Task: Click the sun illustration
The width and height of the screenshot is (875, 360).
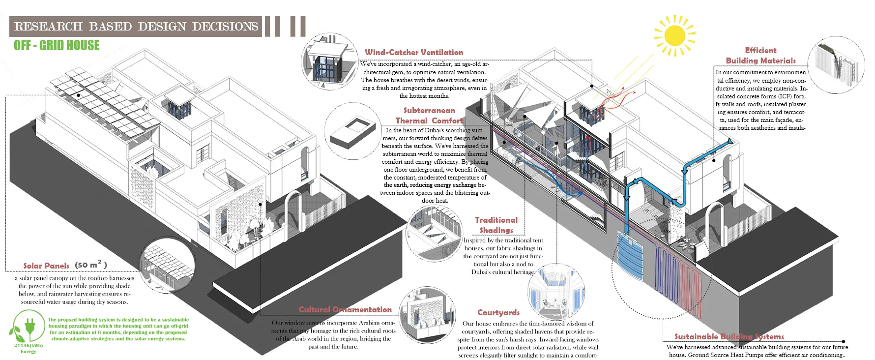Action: point(674,35)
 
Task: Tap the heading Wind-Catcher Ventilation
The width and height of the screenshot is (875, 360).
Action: point(414,52)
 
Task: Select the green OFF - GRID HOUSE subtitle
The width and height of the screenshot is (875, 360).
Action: point(57,45)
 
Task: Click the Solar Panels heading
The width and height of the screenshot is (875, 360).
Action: point(47,266)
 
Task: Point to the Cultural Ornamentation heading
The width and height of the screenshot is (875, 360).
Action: point(345,309)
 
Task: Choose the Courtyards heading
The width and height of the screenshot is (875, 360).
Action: point(498,312)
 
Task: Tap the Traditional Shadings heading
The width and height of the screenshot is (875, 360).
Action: point(496,225)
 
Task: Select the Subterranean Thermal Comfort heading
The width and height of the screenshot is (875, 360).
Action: point(429,116)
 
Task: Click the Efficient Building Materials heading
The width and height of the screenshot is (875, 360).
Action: point(760,56)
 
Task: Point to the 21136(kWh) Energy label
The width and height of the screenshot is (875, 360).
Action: point(29,348)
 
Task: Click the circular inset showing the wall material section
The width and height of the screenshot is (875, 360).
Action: point(836,64)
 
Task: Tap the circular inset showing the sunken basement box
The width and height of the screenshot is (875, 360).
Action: point(352,131)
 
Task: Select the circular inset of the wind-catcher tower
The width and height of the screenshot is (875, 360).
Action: point(329,61)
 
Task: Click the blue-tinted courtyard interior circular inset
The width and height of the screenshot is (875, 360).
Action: point(556,290)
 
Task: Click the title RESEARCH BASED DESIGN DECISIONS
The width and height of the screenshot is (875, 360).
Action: point(136,27)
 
